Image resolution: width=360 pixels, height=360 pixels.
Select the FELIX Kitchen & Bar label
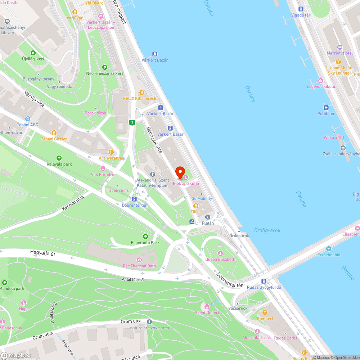[x=142, y=98]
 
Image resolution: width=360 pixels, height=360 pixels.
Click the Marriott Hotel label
[x=339, y=53]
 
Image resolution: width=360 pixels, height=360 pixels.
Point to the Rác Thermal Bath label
[x=140, y=266]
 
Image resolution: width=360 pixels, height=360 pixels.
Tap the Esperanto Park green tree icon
[x=145, y=237]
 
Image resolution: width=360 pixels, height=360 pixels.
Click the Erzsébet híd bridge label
[x=328, y=255]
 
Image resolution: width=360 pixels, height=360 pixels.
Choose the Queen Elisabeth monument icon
[x=220, y=253]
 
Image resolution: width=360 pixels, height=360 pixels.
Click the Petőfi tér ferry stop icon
[x=326, y=107]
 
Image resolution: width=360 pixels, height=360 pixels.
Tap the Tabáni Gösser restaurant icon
[x=54, y=132]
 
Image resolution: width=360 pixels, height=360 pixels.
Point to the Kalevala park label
[x=59, y=164]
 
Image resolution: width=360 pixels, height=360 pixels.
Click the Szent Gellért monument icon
[x=207, y=306]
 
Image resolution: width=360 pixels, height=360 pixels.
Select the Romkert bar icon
[x=265, y=312]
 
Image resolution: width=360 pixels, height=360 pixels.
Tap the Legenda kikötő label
[x=321, y=86]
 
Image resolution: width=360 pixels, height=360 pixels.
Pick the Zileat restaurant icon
[x=196, y=206]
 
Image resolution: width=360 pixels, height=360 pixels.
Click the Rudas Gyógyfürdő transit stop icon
[x=264, y=281]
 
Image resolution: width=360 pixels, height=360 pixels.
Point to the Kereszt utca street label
[x=73, y=203]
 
